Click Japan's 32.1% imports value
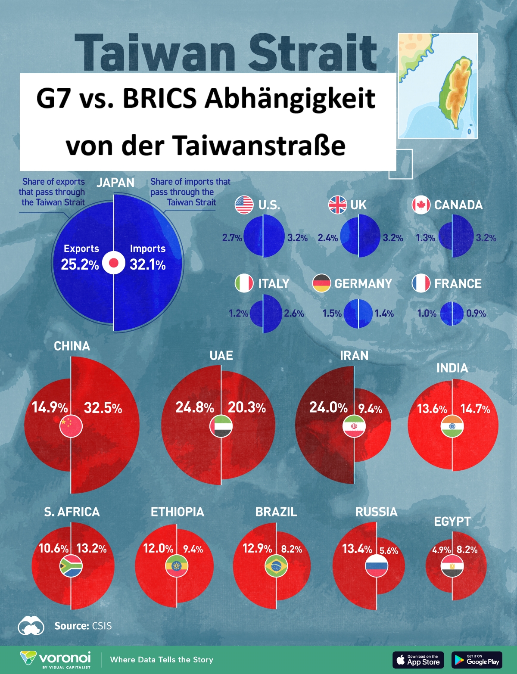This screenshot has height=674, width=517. click(x=147, y=264)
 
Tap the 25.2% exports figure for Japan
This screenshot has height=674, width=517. click(x=80, y=264)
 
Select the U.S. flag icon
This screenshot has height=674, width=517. click(x=244, y=205)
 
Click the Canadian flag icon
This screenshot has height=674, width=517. click(x=421, y=205)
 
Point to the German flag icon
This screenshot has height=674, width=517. click(x=321, y=283)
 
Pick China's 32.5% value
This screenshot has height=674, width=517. click(x=103, y=407)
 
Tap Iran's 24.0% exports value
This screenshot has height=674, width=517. click(x=328, y=407)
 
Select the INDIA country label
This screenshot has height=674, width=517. click(x=452, y=368)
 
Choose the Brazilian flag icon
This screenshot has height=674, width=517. click(x=276, y=566)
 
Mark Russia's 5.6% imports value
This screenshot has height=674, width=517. click(x=389, y=550)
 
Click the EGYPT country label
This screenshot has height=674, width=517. click(x=452, y=521)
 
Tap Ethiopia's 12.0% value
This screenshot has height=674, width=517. click(x=158, y=548)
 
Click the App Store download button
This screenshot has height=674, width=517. click(x=418, y=660)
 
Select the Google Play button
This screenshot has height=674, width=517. click(x=477, y=660)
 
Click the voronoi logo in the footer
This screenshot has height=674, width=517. click(x=56, y=659)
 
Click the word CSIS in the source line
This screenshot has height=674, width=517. click(x=102, y=626)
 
